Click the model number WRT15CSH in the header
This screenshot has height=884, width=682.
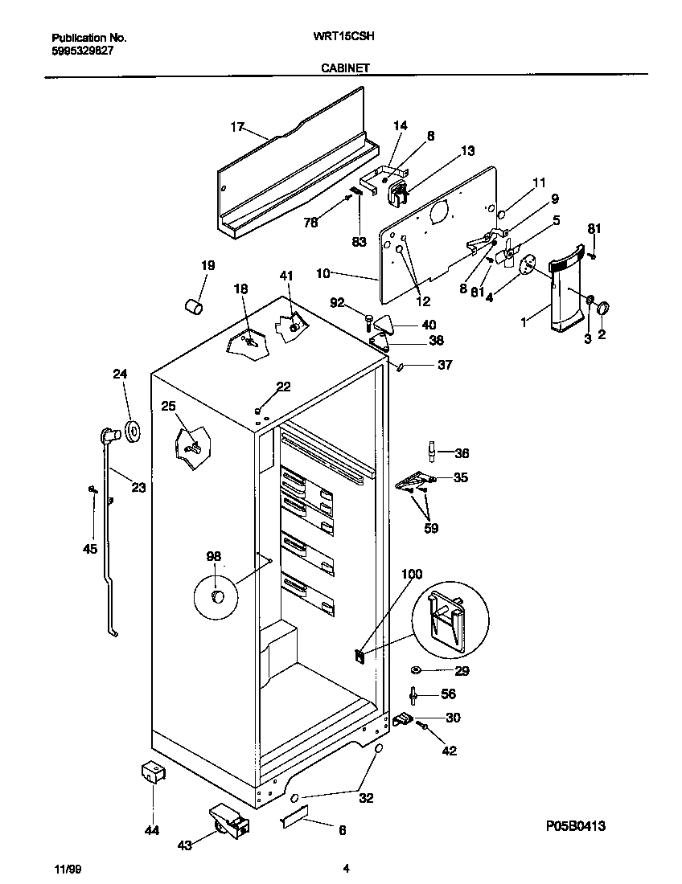347,37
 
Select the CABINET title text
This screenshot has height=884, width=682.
345,68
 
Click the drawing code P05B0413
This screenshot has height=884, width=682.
575,825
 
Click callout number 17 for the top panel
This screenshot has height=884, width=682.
236,127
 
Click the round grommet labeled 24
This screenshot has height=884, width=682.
130,432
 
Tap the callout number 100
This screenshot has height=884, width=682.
411,574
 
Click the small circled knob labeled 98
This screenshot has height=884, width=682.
216,595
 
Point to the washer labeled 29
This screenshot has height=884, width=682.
417,670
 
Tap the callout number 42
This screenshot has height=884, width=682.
449,751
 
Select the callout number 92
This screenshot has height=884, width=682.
339,302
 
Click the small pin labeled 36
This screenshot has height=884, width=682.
432,452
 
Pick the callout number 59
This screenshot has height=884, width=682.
431,528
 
